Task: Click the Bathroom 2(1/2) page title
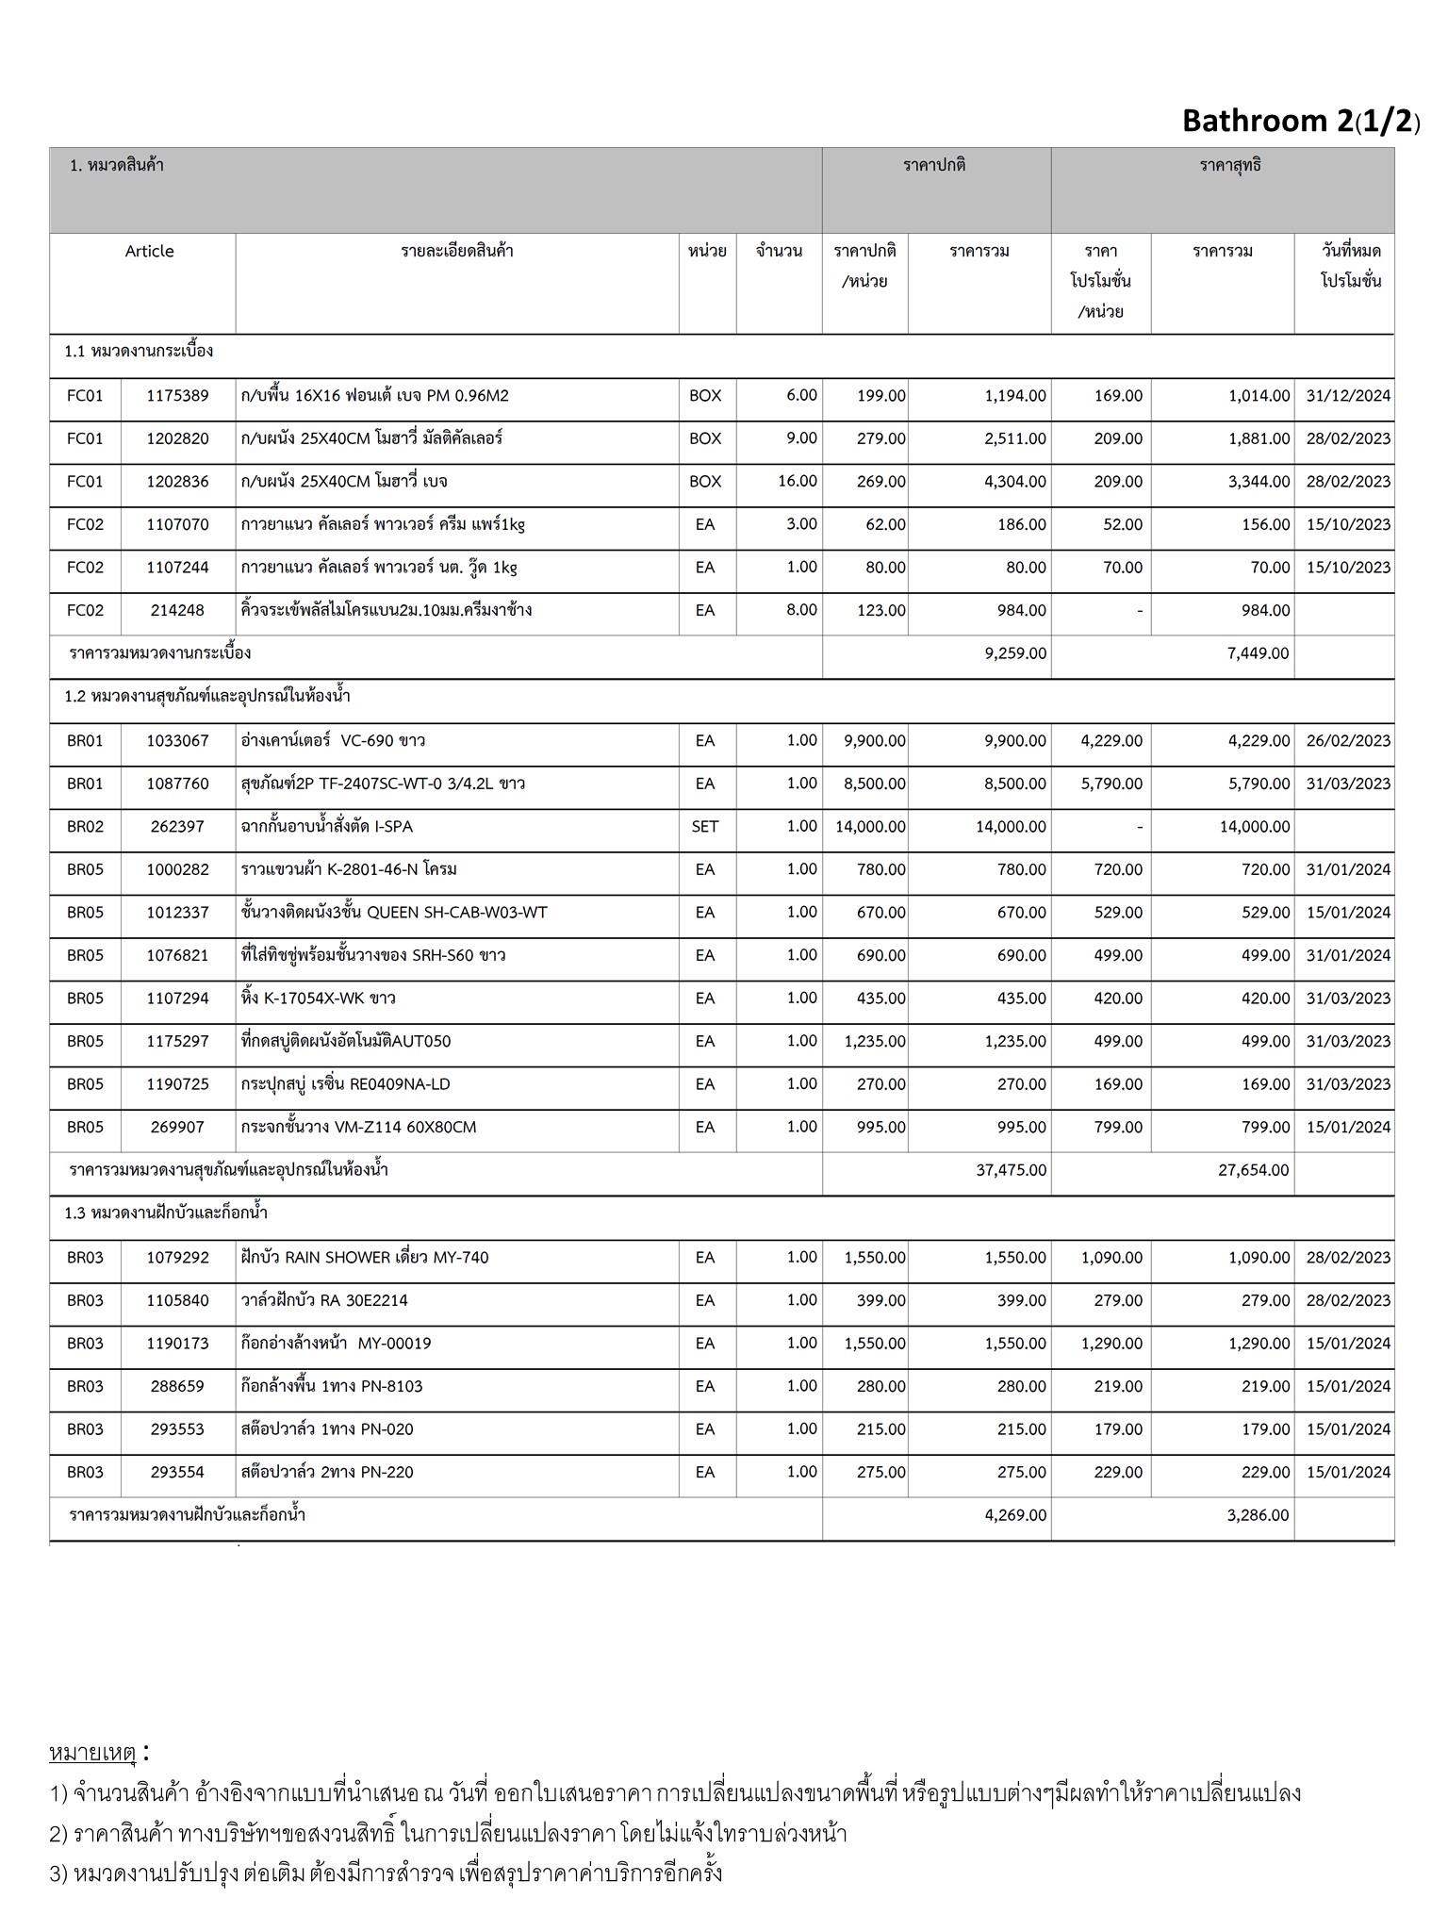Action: point(1300,121)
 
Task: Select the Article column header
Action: point(149,251)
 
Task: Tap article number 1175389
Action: point(177,396)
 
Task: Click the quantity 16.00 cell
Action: point(797,481)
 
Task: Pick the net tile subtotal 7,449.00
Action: point(1258,652)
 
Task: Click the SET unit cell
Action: point(704,827)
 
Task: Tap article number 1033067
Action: point(177,741)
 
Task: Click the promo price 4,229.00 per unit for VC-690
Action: point(1111,741)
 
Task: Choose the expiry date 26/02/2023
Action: point(1348,741)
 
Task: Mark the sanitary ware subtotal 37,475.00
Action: point(1011,1170)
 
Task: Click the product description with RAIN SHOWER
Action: point(364,1258)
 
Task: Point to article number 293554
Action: point(177,1472)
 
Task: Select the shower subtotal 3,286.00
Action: point(1258,1515)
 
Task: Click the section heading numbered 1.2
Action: point(207,697)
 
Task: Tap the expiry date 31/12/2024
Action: point(1348,396)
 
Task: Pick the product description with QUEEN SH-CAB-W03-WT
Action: point(393,913)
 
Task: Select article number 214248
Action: point(177,610)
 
